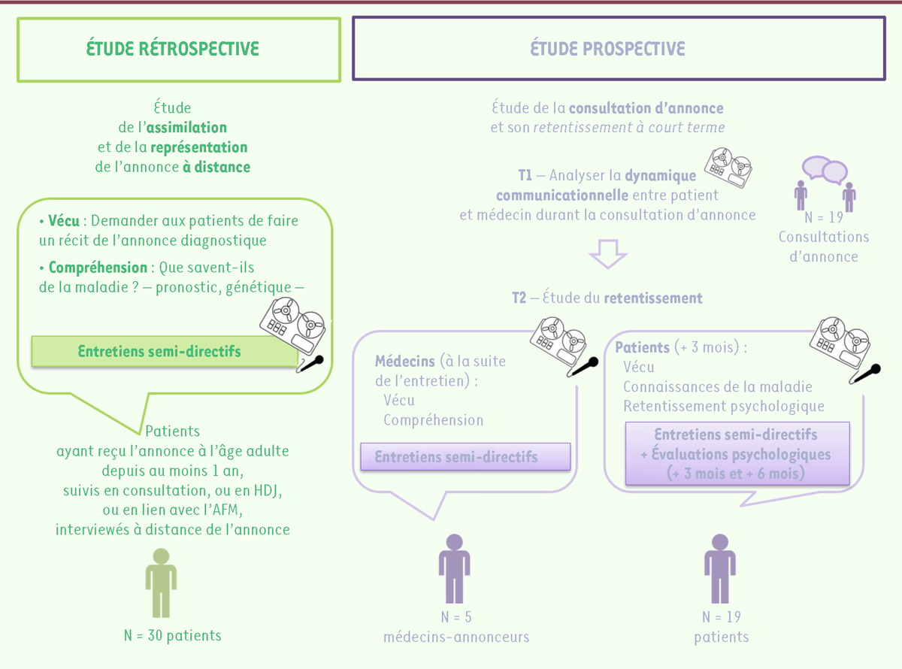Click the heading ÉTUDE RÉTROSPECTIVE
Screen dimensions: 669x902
click(173, 49)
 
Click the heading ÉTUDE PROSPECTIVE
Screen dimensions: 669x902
click(607, 49)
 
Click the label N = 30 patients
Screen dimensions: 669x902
click(173, 636)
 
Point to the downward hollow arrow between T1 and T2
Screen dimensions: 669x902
click(607, 254)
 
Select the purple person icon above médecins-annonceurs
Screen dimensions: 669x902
click(454, 568)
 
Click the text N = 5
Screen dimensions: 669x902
click(456, 617)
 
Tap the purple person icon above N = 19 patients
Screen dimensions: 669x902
click(719, 568)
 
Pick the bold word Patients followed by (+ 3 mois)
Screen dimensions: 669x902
click(643, 348)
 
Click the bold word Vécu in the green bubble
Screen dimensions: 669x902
click(65, 221)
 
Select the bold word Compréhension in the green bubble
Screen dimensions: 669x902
click(98, 268)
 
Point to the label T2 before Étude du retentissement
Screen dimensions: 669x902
click(519, 298)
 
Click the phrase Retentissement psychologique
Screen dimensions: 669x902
click(724, 407)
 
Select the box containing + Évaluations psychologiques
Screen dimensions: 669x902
click(737, 454)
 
